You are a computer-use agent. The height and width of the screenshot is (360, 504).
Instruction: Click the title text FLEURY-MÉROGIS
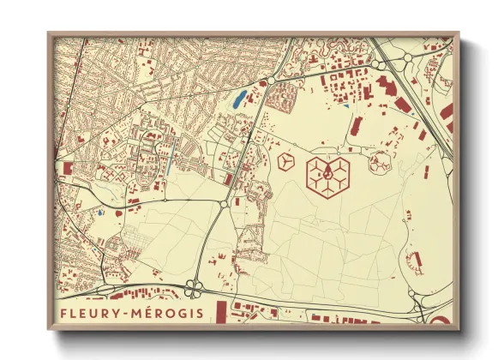click(x=132, y=313)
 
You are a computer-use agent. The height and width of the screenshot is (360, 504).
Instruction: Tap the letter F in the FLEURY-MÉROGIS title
click(x=64, y=313)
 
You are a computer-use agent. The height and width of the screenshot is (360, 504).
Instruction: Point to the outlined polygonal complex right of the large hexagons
click(x=380, y=160)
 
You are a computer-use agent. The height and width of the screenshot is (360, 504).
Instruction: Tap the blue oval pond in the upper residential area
click(x=238, y=99)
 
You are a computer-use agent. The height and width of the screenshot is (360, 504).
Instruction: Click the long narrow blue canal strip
click(x=176, y=158)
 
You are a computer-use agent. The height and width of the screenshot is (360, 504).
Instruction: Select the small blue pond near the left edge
click(x=101, y=210)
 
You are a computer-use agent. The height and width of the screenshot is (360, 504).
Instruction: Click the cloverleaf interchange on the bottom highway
click(x=196, y=287)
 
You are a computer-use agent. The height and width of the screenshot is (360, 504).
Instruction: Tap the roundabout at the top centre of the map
click(x=271, y=80)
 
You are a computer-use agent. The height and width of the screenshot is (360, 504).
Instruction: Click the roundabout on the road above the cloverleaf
click(x=224, y=204)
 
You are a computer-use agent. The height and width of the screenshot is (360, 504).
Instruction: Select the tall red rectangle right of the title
click(x=220, y=311)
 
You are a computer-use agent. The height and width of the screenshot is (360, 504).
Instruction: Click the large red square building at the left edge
click(x=65, y=167)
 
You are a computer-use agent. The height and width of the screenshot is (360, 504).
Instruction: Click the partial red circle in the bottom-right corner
click(x=441, y=320)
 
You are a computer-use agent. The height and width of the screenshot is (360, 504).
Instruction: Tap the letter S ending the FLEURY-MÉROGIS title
click(x=201, y=313)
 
